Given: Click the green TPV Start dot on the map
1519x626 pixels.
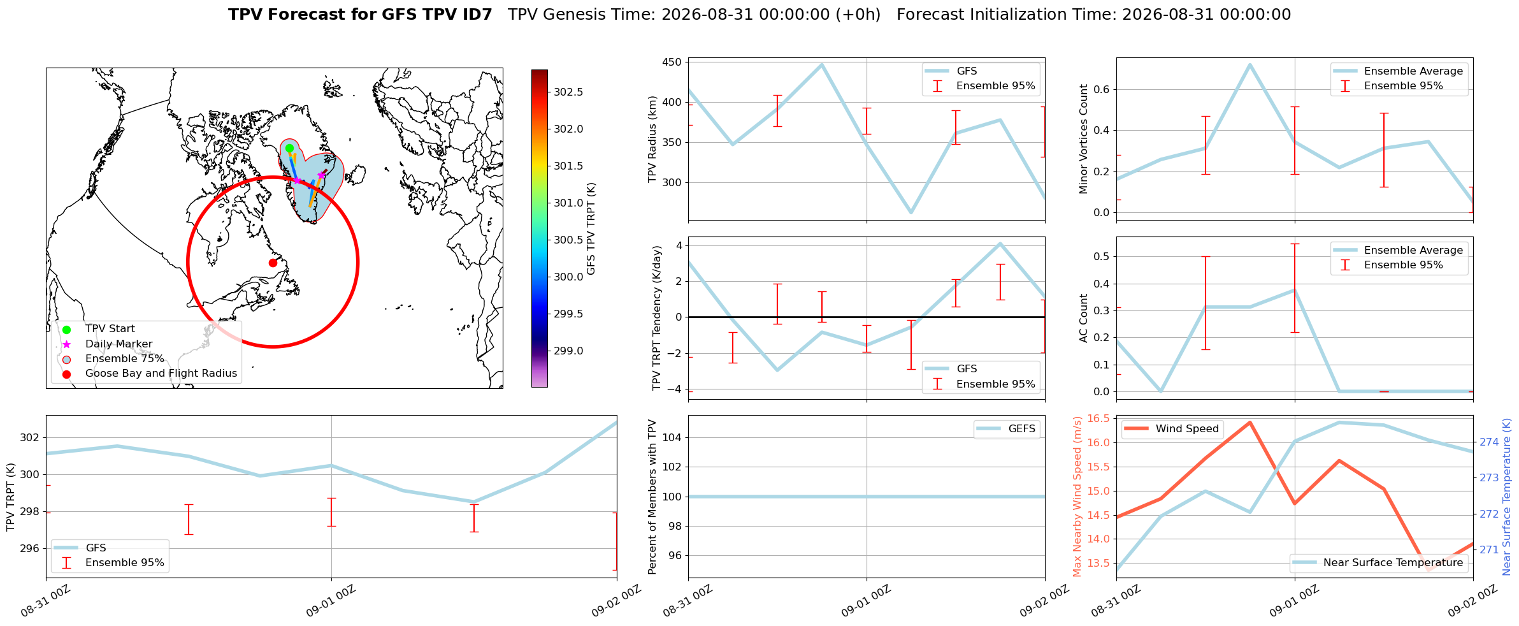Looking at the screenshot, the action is point(289,148).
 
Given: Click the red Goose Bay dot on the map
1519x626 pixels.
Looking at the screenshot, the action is point(273,263).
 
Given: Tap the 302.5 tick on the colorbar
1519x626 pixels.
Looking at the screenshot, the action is point(568,92).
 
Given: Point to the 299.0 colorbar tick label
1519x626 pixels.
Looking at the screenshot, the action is point(568,351).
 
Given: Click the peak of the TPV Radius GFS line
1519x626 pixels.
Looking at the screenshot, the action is point(822,64).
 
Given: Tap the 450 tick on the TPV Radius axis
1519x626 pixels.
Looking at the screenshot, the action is point(673,62).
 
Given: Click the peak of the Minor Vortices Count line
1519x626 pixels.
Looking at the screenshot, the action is point(1249,64).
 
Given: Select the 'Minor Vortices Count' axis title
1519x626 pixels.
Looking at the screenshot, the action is point(1084,139).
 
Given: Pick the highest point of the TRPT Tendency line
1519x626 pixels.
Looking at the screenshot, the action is point(1000,244).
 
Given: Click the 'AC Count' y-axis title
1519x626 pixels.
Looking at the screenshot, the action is point(1084,318).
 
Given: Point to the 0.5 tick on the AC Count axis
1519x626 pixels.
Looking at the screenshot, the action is point(1101,257).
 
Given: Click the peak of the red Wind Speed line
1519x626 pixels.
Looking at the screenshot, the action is point(1249,422).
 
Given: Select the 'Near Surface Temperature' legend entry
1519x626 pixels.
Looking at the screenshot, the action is point(1379,563).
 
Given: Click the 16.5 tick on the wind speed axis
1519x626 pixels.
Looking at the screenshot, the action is point(1098,419).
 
